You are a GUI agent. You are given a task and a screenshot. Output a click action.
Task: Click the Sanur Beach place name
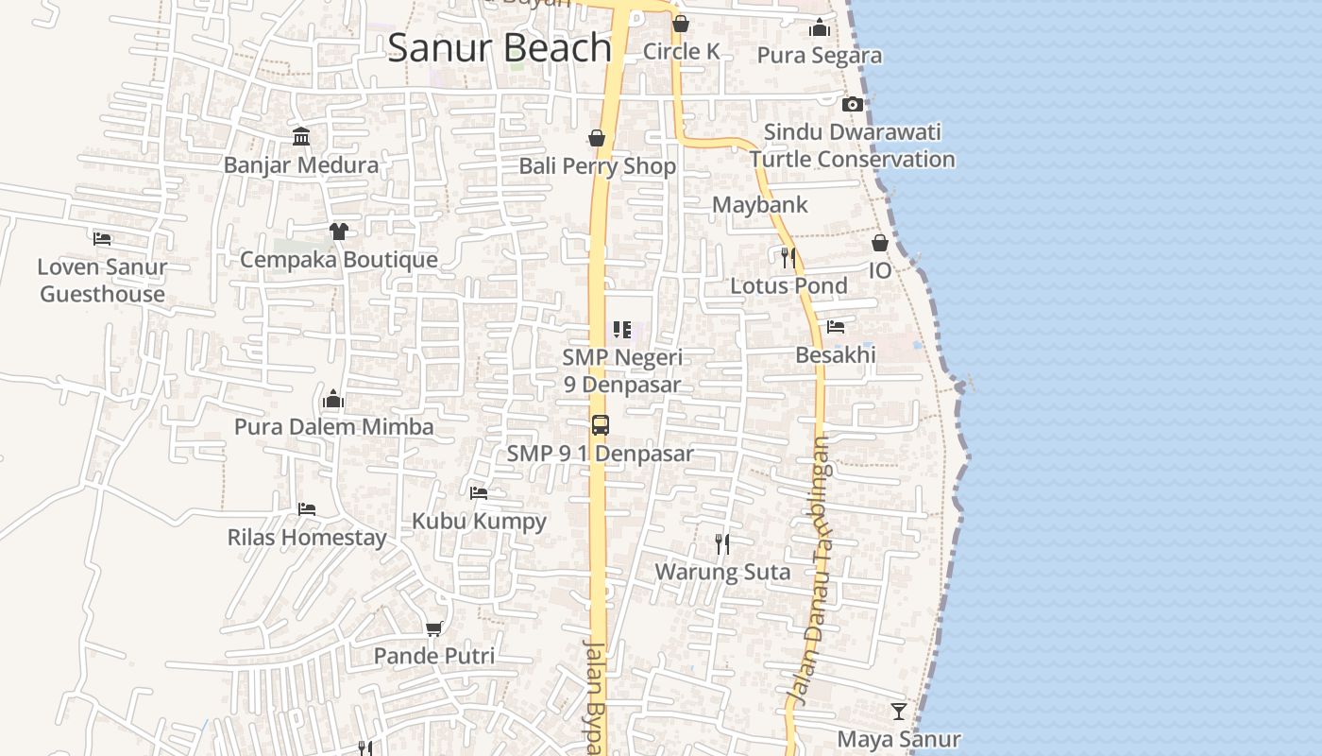(500, 47)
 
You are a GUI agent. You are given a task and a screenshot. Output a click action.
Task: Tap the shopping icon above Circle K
(680, 24)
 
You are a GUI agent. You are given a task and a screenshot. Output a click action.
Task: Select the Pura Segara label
(819, 55)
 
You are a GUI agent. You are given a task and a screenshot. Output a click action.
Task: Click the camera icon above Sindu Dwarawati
(852, 104)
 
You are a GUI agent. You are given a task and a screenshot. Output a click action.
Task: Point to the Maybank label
(759, 204)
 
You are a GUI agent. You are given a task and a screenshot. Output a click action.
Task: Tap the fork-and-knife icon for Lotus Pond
(788, 257)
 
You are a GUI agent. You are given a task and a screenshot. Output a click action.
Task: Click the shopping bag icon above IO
(879, 243)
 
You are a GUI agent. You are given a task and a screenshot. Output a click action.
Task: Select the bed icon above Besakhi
(835, 327)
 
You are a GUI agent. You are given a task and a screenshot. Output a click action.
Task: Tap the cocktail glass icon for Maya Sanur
(898, 711)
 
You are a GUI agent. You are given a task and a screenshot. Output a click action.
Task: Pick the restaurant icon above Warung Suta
(722, 543)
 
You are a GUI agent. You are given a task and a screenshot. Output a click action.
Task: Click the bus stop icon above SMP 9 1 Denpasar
(601, 425)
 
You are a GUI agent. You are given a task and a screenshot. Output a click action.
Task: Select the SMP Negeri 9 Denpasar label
(621, 371)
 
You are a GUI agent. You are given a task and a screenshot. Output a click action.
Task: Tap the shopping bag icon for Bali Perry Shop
(597, 139)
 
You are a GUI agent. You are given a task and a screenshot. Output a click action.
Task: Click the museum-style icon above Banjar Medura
(301, 137)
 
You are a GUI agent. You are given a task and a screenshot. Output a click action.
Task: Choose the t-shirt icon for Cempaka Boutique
(338, 231)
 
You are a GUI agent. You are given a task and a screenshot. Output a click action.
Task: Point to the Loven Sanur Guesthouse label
(102, 280)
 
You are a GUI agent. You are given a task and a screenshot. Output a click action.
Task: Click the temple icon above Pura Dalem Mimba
(332, 399)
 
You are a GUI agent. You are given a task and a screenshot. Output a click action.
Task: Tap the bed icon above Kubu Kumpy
(479, 492)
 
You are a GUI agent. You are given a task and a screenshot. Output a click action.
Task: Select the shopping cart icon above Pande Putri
(433, 628)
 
